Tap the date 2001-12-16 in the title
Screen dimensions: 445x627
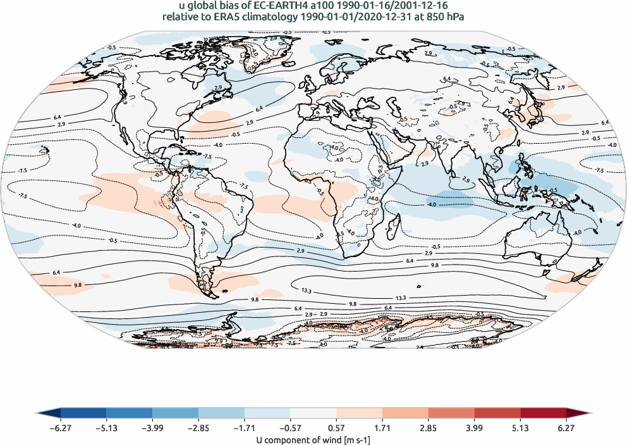click(419, 6)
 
